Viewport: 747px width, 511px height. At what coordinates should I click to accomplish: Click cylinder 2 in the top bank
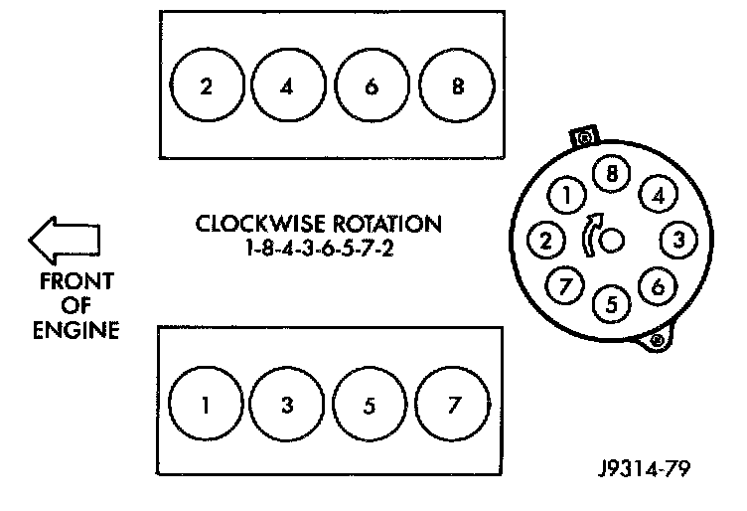pos(206,86)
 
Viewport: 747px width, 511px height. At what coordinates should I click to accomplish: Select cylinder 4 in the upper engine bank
pos(288,86)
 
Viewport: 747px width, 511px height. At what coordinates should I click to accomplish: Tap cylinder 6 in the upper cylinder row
pos(372,86)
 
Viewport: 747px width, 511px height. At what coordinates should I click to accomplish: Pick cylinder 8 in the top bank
pos(456,86)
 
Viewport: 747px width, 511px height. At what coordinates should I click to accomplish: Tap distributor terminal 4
pos(657,196)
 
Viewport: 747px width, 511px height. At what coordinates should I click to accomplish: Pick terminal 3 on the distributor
pos(678,239)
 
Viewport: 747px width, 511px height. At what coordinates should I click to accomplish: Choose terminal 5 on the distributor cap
pos(612,304)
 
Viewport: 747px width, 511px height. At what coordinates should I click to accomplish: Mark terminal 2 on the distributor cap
pos(545,239)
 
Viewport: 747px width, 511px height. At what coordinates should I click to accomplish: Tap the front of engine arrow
pos(64,240)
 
